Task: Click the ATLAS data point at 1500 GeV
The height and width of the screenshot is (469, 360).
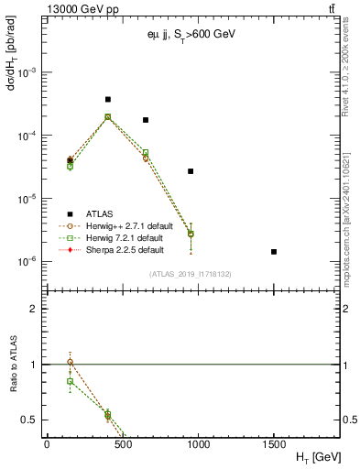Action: [x=274, y=251]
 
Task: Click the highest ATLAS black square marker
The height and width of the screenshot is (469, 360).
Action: [x=107, y=99]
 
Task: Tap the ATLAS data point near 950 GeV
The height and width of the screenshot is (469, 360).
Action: [x=191, y=171]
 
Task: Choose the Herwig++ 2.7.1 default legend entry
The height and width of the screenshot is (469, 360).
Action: [x=127, y=225]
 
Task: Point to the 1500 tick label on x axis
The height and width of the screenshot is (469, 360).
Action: [x=274, y=443]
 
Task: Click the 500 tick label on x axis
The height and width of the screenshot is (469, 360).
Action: [x=122, y=443]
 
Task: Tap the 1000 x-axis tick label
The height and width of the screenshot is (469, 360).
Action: [x=198, y=443]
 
